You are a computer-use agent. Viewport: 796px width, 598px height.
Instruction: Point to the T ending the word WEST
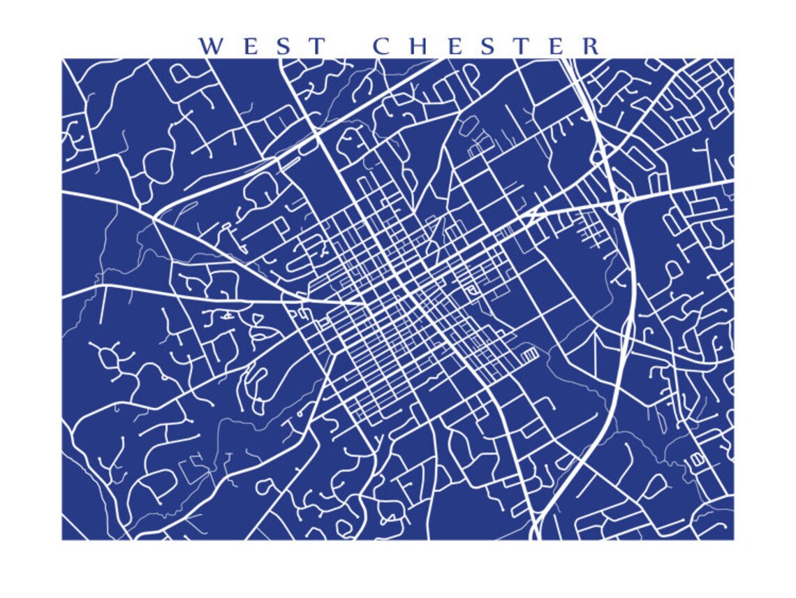pos(317,46)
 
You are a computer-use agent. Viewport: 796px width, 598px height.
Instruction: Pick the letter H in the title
pos(418,46)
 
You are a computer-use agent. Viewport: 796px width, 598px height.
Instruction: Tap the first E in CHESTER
pos(455,46)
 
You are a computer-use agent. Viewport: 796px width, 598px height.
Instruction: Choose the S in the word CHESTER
pos(489,46)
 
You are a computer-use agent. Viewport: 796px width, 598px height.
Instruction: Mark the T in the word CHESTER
pos(522,46)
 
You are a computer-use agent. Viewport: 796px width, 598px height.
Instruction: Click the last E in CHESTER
pos(557,46)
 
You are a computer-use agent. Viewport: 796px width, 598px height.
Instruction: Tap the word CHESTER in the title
pos(486,46)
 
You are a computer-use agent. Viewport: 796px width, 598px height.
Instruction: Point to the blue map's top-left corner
pos(62,59)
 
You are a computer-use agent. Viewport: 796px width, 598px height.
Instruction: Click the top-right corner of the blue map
pos(733,59)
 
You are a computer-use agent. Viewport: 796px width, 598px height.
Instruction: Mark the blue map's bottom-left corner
pos(62,539)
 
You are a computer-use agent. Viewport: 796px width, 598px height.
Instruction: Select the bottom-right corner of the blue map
pos(733,539)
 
